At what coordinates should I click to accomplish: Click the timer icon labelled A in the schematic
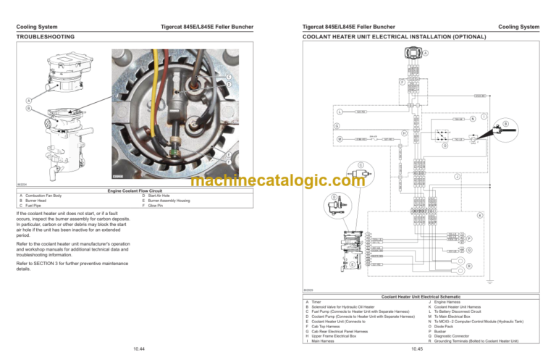[x=414, y=54]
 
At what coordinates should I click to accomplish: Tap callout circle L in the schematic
[x=339, y=112]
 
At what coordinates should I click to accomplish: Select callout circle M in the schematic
[x=339, y=138]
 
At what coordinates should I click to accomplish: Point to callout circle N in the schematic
[x=472, y=119]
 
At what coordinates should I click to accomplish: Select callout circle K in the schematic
[x=479, y=215]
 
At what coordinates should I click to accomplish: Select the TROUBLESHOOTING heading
[x=46, y=35]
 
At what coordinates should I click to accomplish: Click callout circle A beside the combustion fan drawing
[x=28, y=100]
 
